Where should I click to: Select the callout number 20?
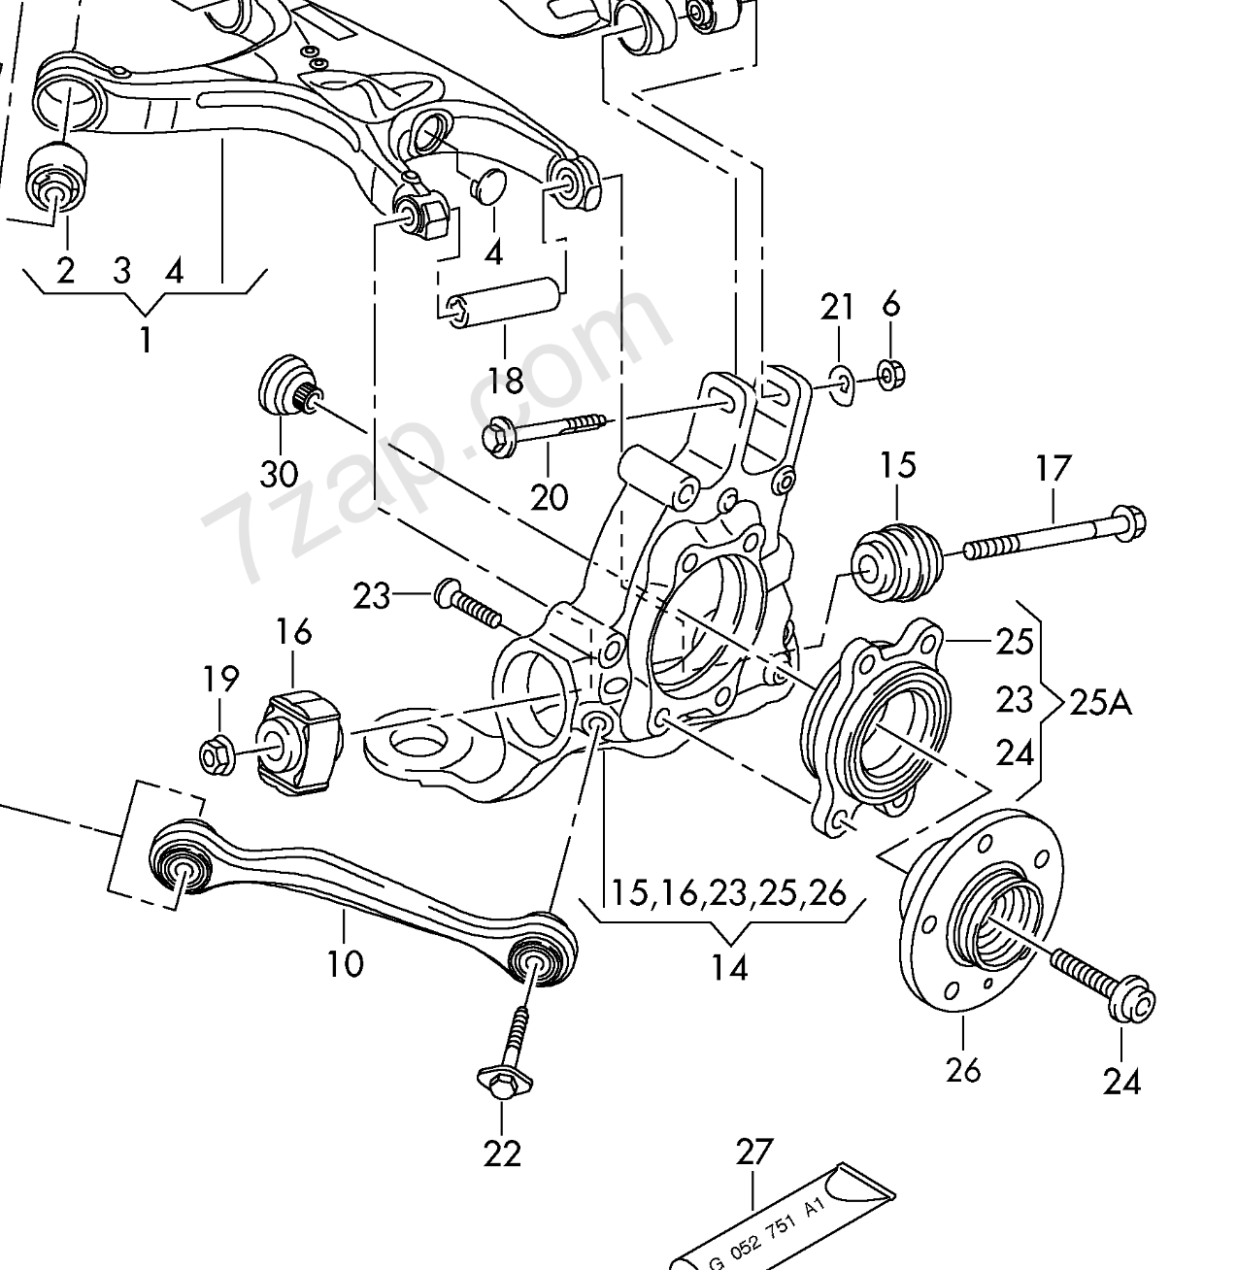(x=549, y=496)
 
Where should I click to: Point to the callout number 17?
(x=1053, y=469)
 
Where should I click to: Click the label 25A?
(x=1100, y=700)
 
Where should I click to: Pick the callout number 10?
(x=346, y=963)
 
